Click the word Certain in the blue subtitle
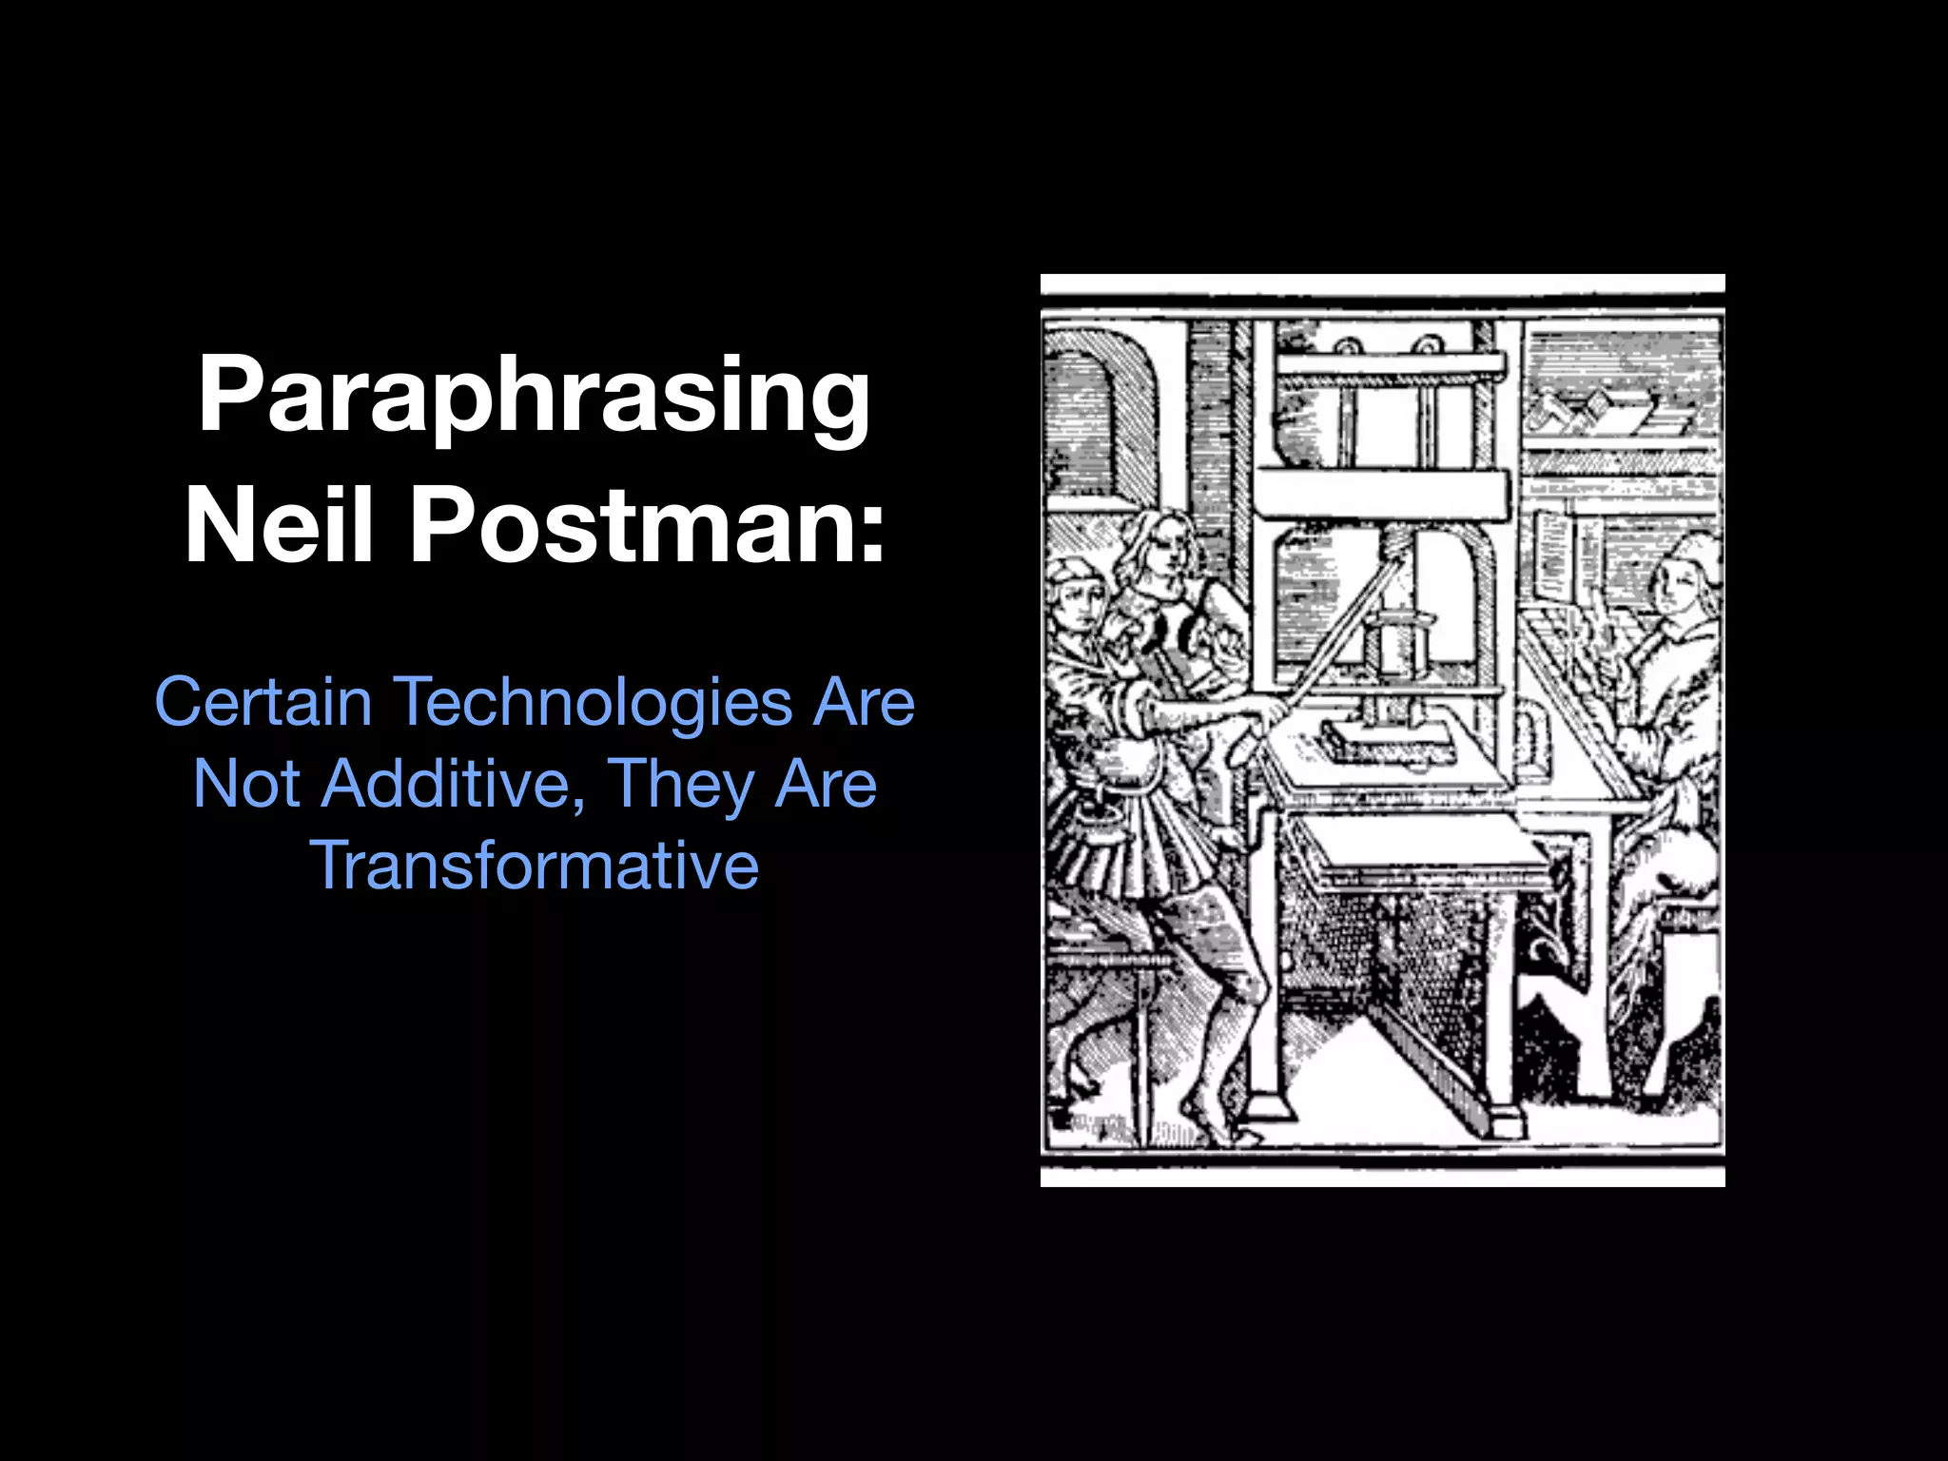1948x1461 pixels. tap(263, 702)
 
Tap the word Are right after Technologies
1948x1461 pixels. tap(863, 702)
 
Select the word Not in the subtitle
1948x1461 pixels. tap(246, 784)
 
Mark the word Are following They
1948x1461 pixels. tap(826, 784)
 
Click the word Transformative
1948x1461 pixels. tap(534, 866)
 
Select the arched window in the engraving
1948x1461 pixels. tap(1094, 409)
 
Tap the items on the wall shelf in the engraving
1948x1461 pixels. tap(1607, 409)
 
